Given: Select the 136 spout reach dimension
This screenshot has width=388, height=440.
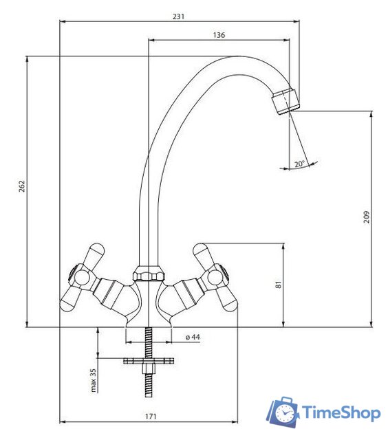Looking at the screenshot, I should point(219,34).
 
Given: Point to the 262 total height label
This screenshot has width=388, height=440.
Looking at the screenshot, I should point(21,187).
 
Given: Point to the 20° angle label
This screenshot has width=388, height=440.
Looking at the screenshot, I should point(299,164).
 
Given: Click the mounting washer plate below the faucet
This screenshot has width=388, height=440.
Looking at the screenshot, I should point(147,361).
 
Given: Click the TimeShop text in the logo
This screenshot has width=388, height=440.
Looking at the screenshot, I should point(341,412).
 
